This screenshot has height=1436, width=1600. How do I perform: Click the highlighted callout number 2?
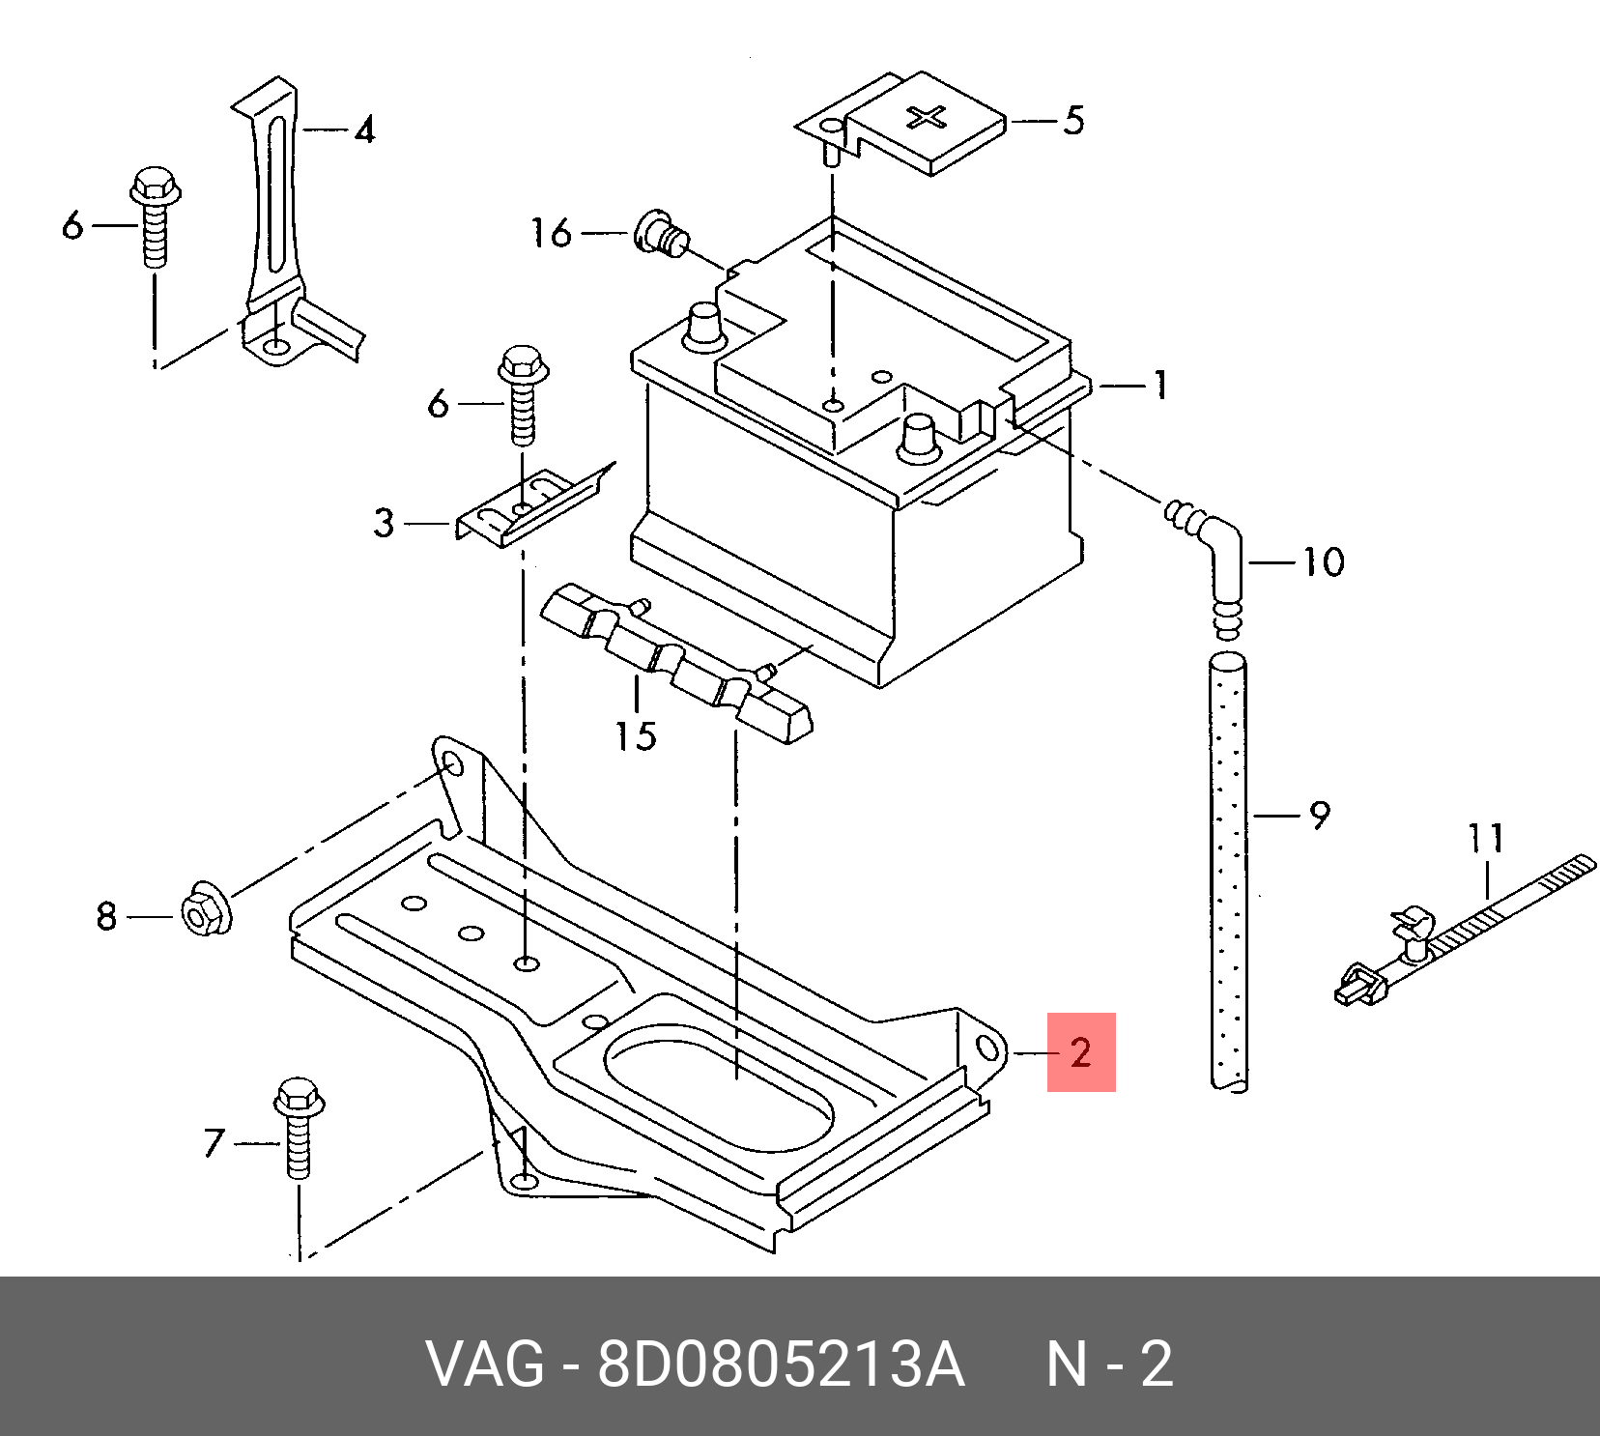tap(1081, 1051)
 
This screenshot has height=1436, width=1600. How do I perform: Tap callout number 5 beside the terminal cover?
tap(1072, 121)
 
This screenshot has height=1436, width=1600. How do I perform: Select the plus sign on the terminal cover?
tap(929, 119)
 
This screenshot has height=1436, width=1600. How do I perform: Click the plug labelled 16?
tap(659, 235)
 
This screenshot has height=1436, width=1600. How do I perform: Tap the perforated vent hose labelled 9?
tap(1228, 870)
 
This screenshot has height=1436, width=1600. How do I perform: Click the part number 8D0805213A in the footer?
tap(781, 1365)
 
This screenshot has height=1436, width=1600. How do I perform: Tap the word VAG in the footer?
tap(487, 1365)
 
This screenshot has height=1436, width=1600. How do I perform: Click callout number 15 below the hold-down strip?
tap(637, 736)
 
